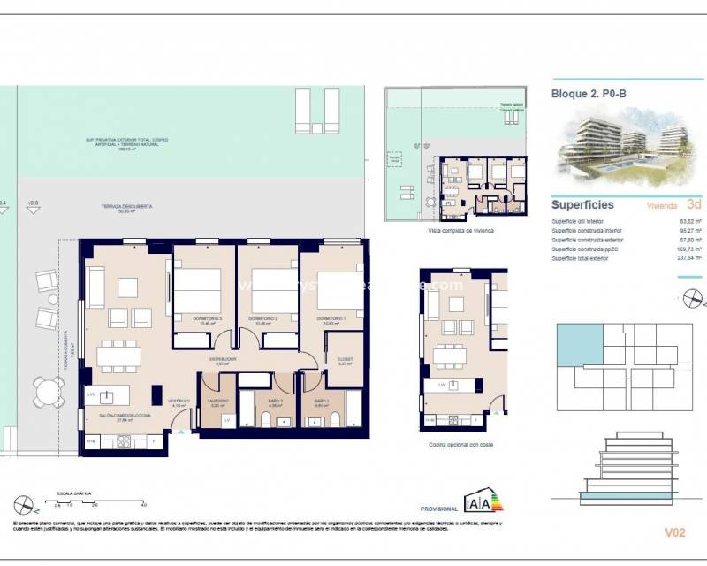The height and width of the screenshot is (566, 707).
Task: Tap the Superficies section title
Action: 582,204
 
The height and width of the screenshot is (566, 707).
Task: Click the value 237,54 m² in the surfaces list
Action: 687,259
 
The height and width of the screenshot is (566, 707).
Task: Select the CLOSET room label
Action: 346,360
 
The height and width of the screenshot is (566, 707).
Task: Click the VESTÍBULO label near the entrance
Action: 179,401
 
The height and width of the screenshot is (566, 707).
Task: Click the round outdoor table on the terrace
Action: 47,390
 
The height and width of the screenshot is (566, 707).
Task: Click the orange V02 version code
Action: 675,532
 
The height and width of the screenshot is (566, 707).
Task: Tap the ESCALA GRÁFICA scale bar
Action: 76,501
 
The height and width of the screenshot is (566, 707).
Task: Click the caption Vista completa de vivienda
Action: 460,230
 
